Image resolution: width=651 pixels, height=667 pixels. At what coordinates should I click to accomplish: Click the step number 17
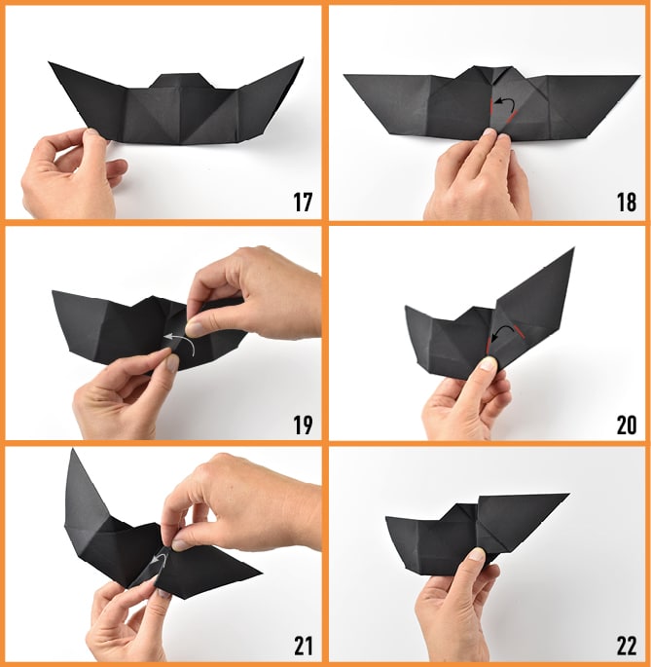303,203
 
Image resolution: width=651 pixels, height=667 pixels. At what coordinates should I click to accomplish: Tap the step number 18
627,203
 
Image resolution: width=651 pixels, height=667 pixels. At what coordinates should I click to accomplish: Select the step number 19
303,425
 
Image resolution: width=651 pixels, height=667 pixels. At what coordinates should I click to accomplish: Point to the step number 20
627,425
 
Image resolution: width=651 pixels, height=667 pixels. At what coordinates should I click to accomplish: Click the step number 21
303,647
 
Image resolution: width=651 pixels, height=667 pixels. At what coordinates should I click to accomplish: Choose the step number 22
627,647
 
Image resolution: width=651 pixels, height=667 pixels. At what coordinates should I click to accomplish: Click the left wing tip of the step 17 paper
49,62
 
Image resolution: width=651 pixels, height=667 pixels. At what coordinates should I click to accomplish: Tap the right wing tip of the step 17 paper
303,58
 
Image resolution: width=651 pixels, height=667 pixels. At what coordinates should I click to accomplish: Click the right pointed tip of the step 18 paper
639,76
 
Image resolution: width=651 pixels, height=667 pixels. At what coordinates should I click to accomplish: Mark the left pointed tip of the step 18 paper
344,75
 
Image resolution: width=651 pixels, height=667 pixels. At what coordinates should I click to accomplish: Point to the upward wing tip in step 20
573,249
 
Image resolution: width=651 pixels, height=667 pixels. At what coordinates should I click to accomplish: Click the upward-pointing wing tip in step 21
73,449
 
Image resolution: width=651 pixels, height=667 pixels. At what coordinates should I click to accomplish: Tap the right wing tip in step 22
569,495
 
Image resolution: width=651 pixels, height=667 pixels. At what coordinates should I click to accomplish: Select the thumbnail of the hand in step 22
477,554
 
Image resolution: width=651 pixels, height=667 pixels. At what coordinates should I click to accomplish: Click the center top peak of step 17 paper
181,75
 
